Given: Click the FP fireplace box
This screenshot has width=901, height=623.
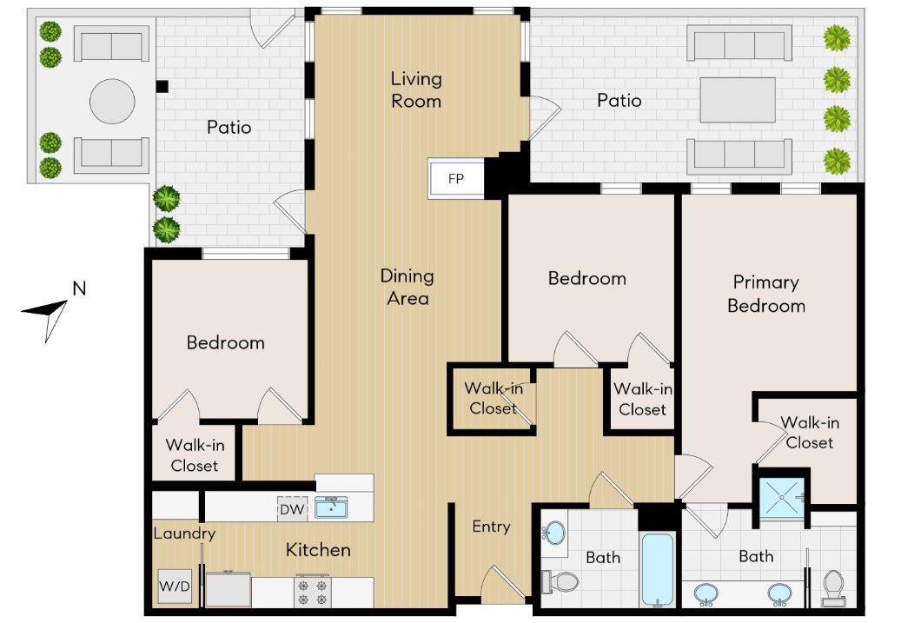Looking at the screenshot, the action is [x=456, y=178].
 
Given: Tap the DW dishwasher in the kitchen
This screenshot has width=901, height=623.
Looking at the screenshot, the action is [x=293, y=509].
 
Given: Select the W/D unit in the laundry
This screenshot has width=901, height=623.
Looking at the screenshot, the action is [x=175, y=587].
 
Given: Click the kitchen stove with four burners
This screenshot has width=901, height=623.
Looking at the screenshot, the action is [x=313, y=591].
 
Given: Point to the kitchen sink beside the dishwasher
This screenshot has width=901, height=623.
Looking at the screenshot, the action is [x=331, y=508].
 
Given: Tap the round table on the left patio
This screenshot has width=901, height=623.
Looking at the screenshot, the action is [x=112, y=101].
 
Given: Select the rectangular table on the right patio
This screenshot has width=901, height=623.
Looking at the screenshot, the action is [x=738, y=100].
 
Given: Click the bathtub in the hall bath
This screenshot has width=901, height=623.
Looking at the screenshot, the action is [x=657, y=569].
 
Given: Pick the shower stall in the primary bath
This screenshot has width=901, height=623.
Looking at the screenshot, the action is [x=782, y=497].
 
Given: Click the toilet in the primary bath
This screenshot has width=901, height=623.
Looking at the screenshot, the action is [x=832, y=588].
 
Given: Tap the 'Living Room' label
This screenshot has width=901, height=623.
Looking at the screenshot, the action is [x=416, y=89].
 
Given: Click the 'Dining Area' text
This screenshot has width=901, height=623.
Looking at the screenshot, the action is [x=407, y=287].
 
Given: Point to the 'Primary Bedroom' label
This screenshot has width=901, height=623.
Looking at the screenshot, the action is [x=766, y=294].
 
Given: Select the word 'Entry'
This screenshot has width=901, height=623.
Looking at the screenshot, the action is [x=491, y=527].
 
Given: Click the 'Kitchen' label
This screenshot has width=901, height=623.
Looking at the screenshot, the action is [x=318, y=550].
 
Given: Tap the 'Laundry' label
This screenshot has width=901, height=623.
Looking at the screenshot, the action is [x=184, y=534].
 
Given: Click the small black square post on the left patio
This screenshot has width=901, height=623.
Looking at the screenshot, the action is [x=162, y=86].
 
